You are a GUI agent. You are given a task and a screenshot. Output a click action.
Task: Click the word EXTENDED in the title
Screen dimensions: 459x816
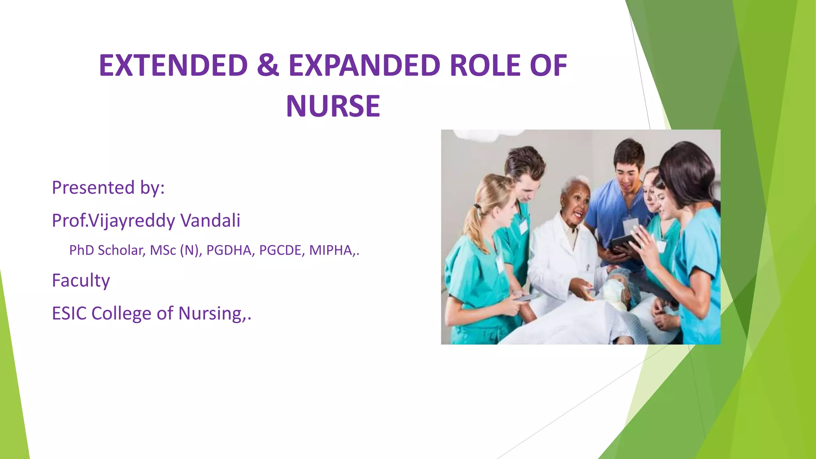(x=173, y=65)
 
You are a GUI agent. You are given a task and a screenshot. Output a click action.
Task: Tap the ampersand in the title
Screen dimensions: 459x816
(x=268, y=65)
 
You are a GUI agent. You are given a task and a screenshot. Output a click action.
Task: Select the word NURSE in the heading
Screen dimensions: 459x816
(x=333, y=106)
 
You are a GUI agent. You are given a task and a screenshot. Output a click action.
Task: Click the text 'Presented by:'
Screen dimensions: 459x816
(x=108, y=188)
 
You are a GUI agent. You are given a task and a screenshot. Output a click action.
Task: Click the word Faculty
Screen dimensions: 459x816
(x=81, y=280)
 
